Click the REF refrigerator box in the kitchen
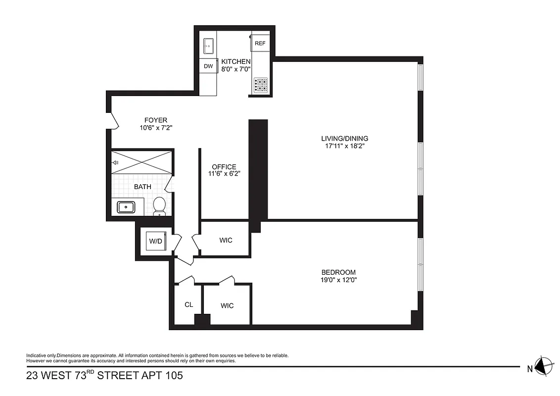click(260, 44)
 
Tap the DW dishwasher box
click(208, 66)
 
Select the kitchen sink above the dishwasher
click(208, 45)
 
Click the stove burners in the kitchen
click(261, 85)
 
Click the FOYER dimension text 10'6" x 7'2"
click(155, 128)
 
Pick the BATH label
click(142, 187)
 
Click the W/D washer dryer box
click(155, 241)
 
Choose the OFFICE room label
click(224, 167)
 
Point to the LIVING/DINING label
click(344, 139)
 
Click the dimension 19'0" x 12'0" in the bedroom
click(339, 280)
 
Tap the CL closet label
click(188, 305)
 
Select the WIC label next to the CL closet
click(227, 306)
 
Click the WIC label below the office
click(226, 241)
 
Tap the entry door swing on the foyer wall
click(113, 120)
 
